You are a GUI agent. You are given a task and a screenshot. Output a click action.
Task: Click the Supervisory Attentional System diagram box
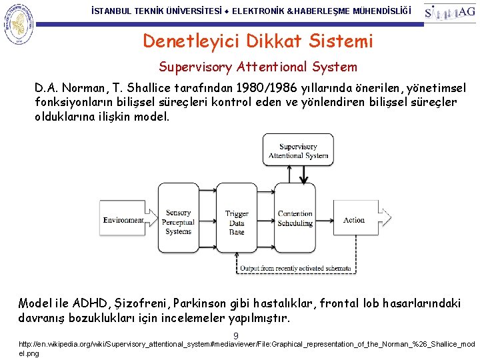tap(298, 151)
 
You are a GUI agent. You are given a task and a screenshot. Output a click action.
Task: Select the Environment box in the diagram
tap(123, 220)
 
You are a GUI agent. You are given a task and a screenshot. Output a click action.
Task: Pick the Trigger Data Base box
tap(236, 222)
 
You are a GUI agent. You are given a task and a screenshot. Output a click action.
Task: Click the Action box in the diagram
tap(354, 220)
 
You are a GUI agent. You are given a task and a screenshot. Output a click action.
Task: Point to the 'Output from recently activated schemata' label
tap(295, 269)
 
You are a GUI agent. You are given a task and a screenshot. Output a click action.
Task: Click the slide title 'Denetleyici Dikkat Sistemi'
tap(258, 41)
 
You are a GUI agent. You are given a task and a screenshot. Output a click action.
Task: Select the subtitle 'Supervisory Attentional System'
tap(258, 67)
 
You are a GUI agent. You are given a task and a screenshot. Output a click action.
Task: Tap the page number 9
tap(236, 335)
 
